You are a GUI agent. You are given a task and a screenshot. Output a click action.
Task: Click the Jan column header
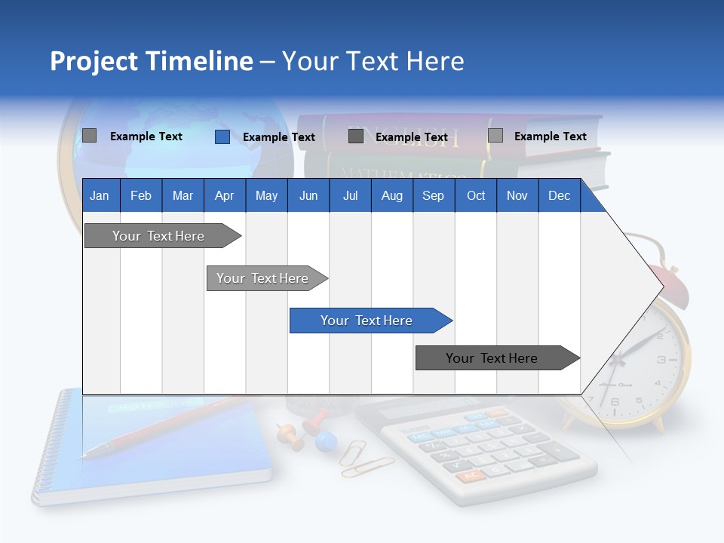tap(100, 195)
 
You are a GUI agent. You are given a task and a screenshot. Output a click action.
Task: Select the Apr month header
tap(224, 195)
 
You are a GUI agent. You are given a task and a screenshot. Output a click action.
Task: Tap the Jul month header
tap(350, 195)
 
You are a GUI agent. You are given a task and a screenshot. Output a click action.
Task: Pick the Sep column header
tap(433, 195)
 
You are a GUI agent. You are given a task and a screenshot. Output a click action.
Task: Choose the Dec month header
tap(559, 195)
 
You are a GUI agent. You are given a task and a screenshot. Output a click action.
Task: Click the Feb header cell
tap(141, 195)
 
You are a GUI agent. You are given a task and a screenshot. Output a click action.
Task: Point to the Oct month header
tap(476, 195)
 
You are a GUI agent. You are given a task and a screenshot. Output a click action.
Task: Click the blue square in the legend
tap(222, 137)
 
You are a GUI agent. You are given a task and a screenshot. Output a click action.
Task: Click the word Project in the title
tap(93, 61)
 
